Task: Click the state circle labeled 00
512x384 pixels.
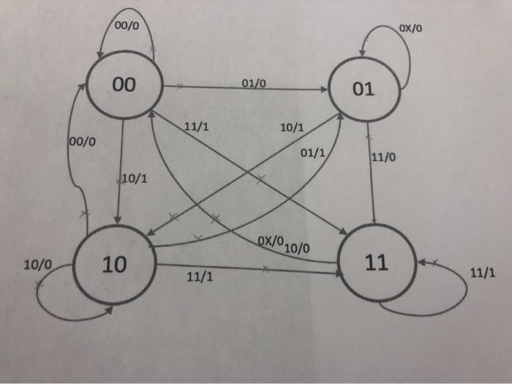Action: (124, 86)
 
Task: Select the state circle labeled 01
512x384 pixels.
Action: (363, 91)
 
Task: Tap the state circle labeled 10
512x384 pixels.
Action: (115, 266)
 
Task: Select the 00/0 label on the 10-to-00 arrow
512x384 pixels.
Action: (81, 141)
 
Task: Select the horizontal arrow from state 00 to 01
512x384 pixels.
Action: (249, 89)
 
